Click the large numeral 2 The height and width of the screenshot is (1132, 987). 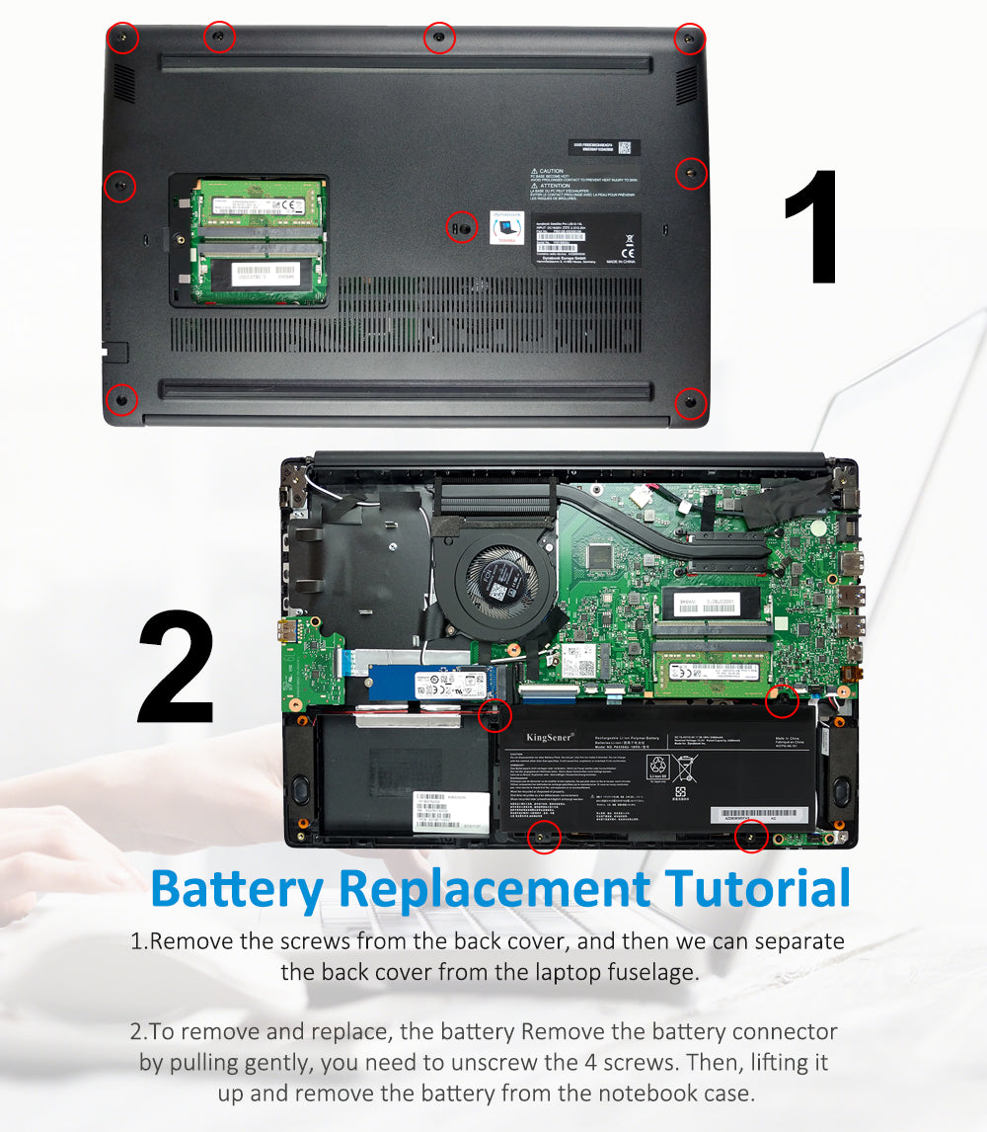tap(176, 669)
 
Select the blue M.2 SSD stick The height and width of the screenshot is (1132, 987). tap(424, 683)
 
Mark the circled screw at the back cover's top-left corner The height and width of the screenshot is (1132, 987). tap(121, 40)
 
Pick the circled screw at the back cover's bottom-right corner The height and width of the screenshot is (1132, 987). tap(690, 403)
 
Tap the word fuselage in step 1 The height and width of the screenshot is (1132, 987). tap(643, 971)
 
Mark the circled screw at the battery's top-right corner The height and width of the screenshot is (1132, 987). tap(783, 701)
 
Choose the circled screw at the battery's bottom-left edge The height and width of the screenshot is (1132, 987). tap(543, 837)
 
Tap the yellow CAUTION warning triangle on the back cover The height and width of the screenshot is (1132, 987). tap(534, 172)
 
